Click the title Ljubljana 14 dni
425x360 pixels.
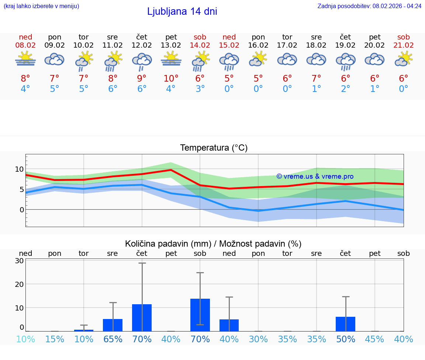[x=182, y=11]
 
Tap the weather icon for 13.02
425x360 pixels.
[x=171, y=59]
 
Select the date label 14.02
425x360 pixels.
[x=200, y=45]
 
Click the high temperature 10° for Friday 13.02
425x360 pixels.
[x=171, y=78]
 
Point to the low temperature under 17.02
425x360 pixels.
[x=287, y=89]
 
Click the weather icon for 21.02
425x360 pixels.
[x=404, y=59]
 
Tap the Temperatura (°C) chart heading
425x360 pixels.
[x=214, y=148]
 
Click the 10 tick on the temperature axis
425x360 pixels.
[x=19, y=169]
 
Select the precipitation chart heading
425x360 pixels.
[x=213, y=244]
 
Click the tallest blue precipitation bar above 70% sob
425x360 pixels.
[x=200, y=315]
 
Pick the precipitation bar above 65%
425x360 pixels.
[x=113, y=325]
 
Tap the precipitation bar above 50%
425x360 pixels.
[x=345, y=324]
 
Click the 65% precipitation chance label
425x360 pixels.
[x=113, y=339]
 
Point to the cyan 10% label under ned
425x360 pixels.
[x=25, y=339]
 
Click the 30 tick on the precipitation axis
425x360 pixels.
[x=19, y=261]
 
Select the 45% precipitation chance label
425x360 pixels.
[x=374, y=339]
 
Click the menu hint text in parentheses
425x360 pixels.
[x=41, y=6]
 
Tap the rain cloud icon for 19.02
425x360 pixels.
[x=345, y=61]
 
